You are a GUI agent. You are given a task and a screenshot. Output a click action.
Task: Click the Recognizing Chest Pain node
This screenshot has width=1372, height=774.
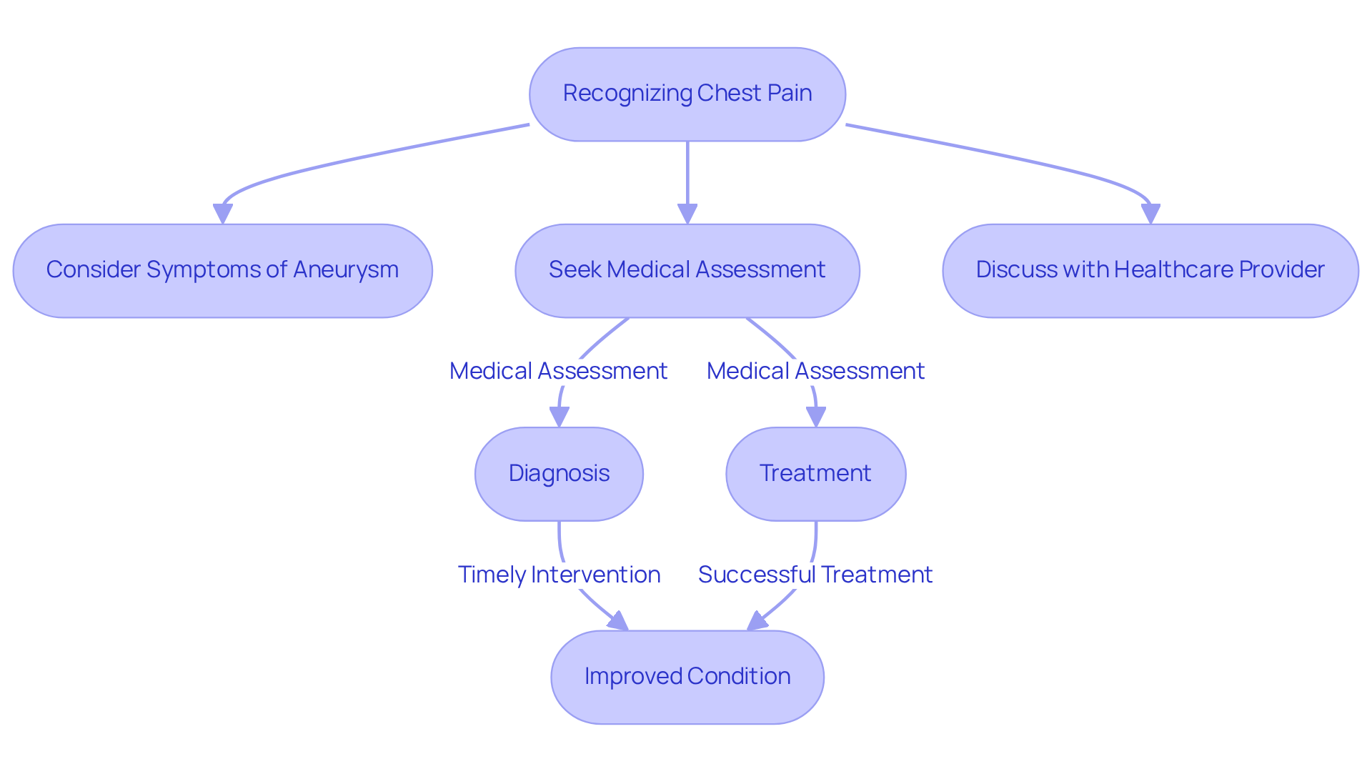click(x=687, y=94)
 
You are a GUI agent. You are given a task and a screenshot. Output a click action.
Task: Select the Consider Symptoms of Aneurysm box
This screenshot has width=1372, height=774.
click(x=222, y=270)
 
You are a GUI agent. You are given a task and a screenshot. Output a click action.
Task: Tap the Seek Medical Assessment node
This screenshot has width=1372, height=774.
click(x=687, y=270)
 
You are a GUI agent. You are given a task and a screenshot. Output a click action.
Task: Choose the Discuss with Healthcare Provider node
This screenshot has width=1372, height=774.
click(x=1150, y=270)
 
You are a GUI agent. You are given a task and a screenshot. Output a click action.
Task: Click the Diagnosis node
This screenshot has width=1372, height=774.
click(x=559, y=474)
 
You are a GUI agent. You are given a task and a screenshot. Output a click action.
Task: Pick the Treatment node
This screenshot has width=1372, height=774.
click(x=815, y=474)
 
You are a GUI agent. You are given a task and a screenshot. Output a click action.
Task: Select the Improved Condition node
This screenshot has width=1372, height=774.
click(x=687, y=677)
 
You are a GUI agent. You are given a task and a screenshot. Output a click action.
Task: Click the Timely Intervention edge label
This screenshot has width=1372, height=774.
click(x=559, y=575)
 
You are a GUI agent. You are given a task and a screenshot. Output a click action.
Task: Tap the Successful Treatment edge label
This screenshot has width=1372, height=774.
click(x=815, y=575)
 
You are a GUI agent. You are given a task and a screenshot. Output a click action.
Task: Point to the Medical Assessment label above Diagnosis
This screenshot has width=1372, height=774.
click(x=558, y=371)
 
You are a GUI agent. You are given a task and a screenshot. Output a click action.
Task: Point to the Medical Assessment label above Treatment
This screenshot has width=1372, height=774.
click(x=815, y=371)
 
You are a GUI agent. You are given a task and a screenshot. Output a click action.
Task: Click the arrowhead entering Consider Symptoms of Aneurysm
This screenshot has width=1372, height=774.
click(x=223, y=214)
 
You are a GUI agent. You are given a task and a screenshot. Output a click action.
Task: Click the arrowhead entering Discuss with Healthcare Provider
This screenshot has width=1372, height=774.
click(x=1150, y=214)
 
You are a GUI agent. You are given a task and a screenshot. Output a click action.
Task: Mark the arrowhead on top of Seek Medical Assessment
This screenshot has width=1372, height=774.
click(x=687, y=214)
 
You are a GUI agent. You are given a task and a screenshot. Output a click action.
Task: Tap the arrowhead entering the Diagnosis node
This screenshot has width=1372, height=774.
click(x=559, y=417)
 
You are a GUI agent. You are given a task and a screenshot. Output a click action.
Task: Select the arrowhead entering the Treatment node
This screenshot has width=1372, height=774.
click(x=815, y=417)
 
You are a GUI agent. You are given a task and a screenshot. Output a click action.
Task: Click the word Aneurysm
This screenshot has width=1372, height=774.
click(x=345, y=270)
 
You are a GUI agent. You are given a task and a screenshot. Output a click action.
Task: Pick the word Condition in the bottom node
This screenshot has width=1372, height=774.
click(x=739, y=677)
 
